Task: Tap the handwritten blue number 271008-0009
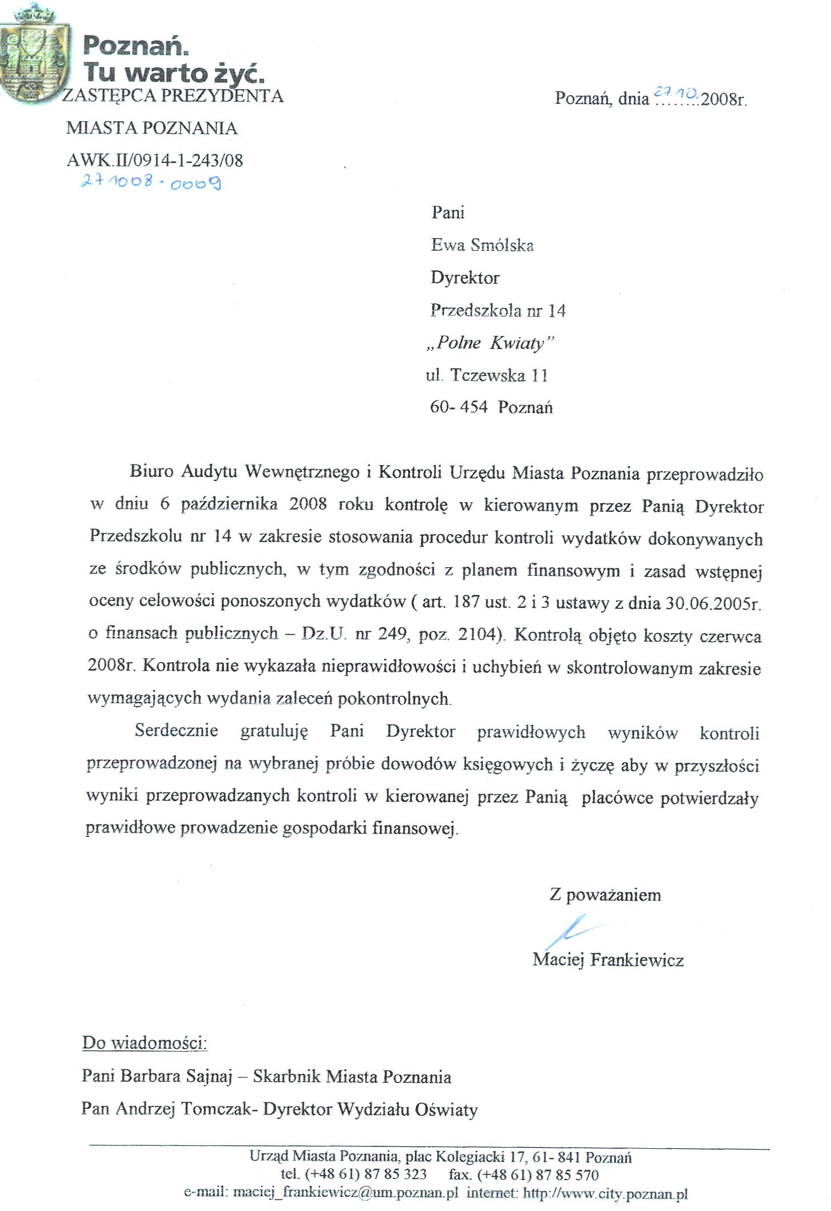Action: pos(151,182)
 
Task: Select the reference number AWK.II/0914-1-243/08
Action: pos(155,160)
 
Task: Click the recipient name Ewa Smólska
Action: pos(482,245)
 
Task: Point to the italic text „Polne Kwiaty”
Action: pos(490,343)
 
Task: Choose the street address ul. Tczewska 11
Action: pos(487,375)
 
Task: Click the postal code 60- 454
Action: pos(459,407)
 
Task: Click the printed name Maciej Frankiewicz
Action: pos(608,960)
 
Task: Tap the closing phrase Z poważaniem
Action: pos(605,895)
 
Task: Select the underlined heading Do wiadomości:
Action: pos(144,1042)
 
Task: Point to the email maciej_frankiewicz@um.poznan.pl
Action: pos(346,1193)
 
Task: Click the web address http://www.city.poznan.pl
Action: pos(605,1193)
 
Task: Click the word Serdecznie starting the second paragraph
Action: pos(176,731)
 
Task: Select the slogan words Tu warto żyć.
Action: pos(174,73)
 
